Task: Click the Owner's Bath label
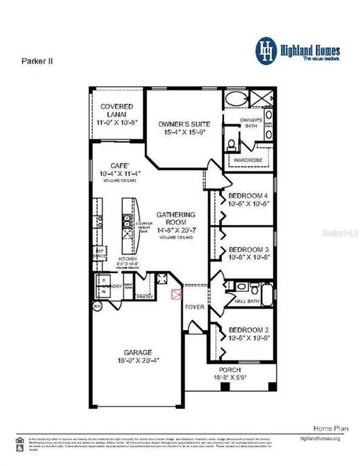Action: point(249,122)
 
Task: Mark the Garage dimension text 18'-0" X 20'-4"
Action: point(133,362)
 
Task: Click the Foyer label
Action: point(194,307)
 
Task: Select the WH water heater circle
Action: point(98,306)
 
